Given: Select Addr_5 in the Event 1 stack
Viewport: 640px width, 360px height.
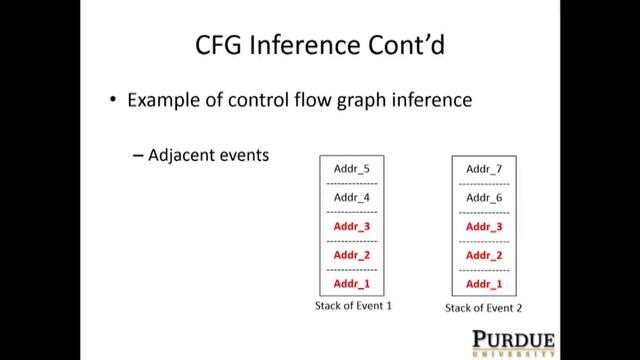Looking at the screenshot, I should pos(352,169).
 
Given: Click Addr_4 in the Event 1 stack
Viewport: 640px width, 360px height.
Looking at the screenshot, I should pos(352,197).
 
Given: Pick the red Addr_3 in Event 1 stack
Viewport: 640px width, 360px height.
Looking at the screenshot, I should pos(352,227).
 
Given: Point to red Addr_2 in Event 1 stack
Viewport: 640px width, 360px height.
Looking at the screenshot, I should pos(352,255).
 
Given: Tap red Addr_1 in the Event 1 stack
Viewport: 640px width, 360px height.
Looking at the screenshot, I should pos(352,284).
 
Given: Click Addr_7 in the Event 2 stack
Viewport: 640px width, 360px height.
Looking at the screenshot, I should pos(484,169).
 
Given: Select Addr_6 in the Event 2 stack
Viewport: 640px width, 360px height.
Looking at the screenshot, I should pos(484,198).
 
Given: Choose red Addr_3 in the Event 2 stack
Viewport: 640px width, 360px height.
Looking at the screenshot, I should pos(484,227).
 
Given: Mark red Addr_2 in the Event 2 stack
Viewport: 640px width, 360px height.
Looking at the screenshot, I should pos(484,255).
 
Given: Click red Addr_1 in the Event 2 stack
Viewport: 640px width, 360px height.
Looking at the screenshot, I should pos(484,284).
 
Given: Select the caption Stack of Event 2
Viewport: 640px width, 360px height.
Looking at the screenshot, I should pos(484,307).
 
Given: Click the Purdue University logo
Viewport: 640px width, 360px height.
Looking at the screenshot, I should pos(513,341).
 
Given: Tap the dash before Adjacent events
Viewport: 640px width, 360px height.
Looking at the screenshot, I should pos(138,156).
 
